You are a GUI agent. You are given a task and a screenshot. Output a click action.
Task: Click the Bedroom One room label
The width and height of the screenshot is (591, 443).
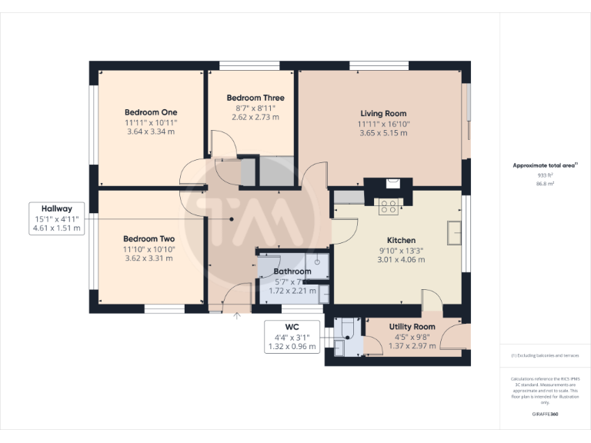(151, 112)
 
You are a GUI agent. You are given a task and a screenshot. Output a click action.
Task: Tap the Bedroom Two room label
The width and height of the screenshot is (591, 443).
(149, 239)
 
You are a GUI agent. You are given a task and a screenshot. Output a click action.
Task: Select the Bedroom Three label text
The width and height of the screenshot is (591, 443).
(255, 98)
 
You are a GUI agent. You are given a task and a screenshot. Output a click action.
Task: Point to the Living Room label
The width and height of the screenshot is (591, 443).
(382, 114)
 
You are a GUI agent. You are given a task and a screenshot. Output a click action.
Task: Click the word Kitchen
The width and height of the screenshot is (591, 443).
(401, 240)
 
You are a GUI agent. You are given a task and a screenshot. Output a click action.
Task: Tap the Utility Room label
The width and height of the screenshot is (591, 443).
(412, 327)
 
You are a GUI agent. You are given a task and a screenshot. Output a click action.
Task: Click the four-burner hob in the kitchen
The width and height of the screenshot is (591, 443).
(389, 206)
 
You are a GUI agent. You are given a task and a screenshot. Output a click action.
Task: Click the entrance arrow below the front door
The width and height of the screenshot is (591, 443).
(237, 315)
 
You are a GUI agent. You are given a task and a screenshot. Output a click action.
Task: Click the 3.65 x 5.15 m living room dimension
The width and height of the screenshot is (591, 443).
(382, 132)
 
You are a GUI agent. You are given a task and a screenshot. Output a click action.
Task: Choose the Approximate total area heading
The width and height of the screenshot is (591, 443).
(543, 165)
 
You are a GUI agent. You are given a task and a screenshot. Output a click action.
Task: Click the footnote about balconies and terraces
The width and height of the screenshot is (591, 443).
(545, 355)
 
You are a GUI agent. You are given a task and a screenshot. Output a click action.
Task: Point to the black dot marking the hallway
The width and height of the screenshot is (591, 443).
(231, 218)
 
